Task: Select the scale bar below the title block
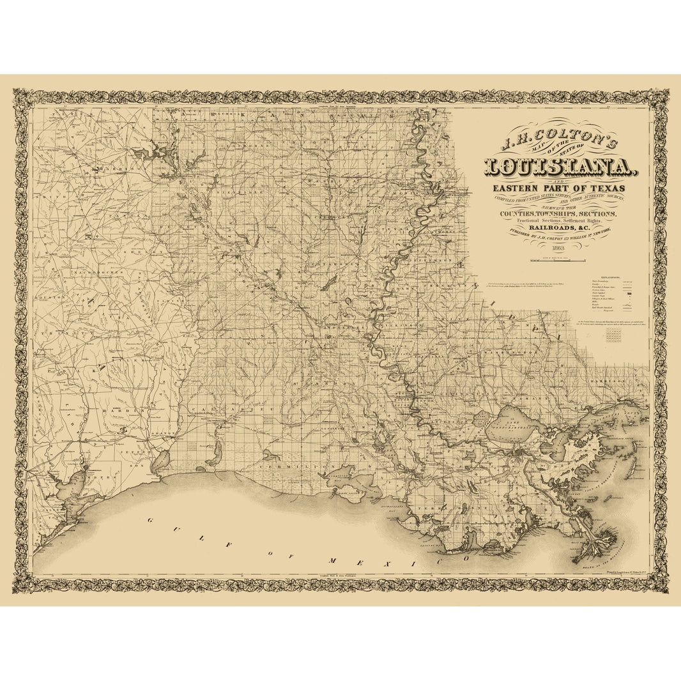[x=556, y=261]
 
